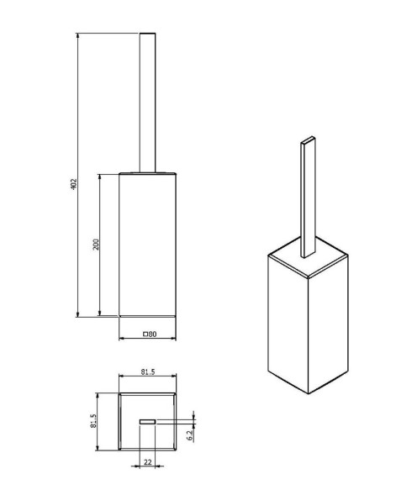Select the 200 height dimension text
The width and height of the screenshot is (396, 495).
coord(97,244)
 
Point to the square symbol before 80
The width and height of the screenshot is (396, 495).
coord(145,334)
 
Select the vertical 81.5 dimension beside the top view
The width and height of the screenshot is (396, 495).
coord(95,420)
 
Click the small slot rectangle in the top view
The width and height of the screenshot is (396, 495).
coord(148,420)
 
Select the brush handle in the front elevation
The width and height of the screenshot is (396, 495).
coord(147,101)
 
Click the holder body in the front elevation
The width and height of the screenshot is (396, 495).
coord(147,244)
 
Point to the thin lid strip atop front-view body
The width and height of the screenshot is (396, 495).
coord(147,174)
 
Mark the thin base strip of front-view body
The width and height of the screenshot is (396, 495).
coord(147,315)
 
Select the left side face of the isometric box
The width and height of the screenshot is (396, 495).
coord(285,324)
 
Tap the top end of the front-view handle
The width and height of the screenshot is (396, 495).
coord(147,34)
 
